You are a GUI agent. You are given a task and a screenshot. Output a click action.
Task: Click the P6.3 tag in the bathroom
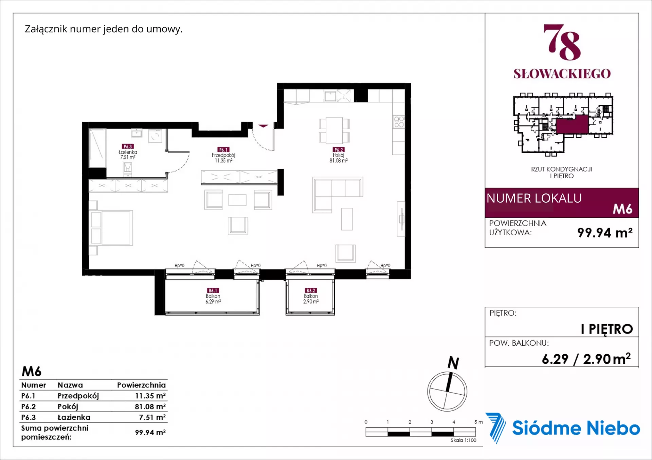[128, 146]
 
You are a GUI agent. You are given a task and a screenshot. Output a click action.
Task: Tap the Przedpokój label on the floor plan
[223, 155]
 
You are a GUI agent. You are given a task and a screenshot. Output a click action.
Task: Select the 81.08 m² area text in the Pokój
[339, 161]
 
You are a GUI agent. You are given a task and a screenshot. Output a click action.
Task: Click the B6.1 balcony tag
[213, 291]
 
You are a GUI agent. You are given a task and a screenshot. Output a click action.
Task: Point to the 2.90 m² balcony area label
[311, 301]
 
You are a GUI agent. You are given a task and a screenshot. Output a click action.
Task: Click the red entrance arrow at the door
[263, 126]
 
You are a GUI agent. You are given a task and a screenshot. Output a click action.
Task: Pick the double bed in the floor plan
[111, 228]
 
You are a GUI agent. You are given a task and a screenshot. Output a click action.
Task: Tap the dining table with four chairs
[334, 131]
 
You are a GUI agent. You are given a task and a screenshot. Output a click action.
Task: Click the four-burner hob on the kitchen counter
[399, 122]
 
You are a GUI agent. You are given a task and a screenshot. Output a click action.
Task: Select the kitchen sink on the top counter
[330, 96]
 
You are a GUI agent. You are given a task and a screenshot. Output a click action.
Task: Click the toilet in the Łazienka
[128, 169]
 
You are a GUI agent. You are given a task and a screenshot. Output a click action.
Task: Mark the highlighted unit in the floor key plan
[572, 124]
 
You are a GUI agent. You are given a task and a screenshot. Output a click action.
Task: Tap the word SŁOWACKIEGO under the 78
[562, 74]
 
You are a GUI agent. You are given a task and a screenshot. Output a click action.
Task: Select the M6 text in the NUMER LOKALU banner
[622, 209]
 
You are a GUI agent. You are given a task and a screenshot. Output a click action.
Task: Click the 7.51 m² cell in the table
[152, 417]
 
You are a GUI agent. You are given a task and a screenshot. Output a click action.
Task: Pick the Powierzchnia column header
[141, 385]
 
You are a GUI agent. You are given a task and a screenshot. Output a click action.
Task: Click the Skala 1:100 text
[464, 440]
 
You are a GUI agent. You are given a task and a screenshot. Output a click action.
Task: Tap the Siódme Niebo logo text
[576, 428]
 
